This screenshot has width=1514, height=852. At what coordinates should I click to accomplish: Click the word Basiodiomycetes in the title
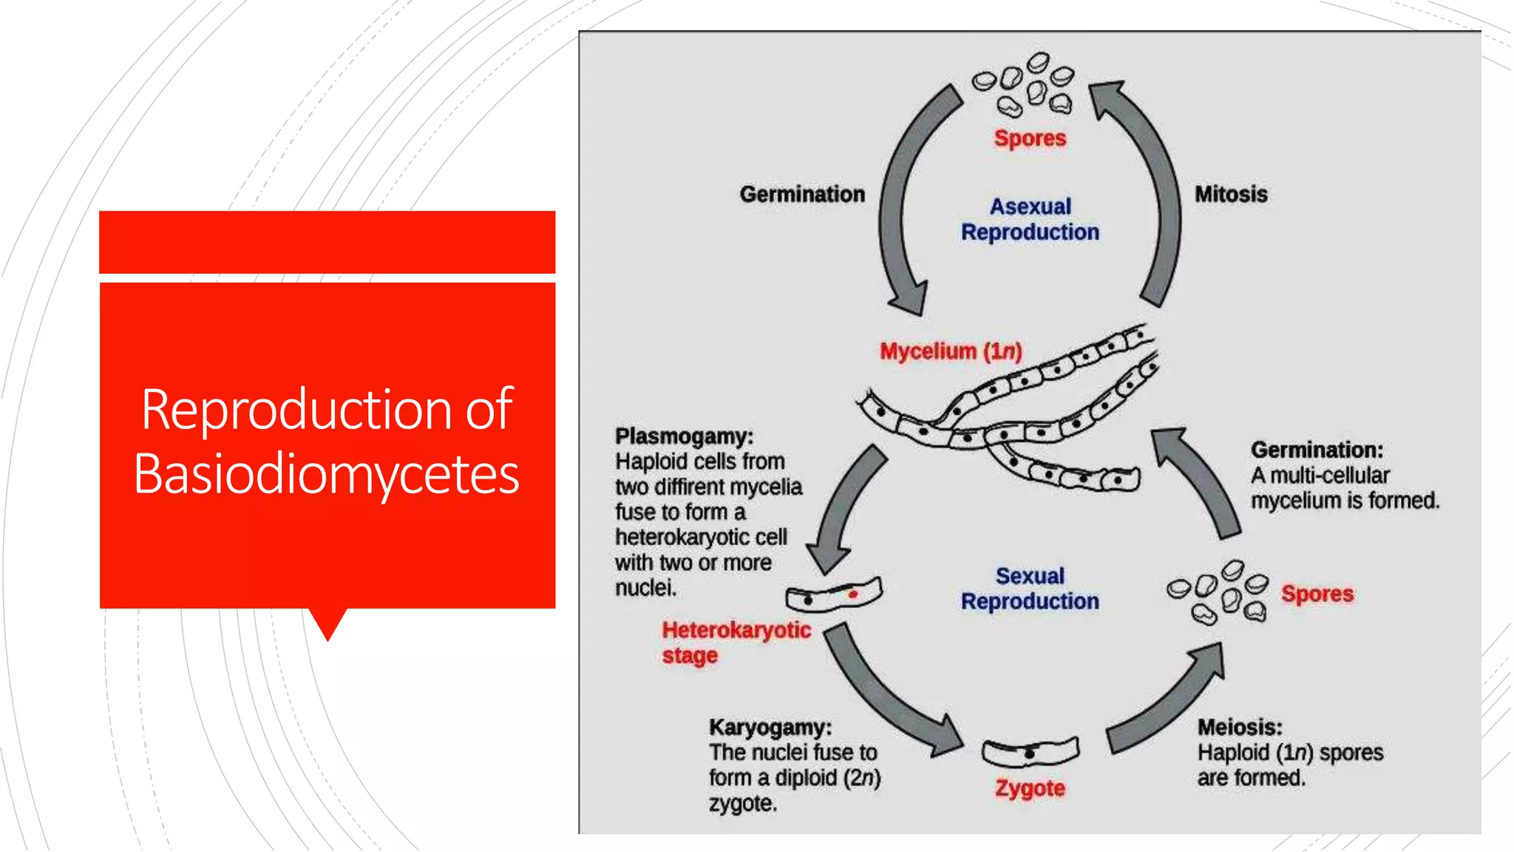pos(326,474)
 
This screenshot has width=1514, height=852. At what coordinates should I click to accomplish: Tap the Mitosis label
pos(1231,195)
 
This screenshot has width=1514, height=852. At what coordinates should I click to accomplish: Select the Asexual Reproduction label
pos(1030,220)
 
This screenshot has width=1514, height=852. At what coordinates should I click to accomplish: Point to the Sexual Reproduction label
pos(1030,589)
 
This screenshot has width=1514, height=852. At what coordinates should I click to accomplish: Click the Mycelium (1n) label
pos(951,351)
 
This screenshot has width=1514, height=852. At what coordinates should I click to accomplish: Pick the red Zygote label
pos(1030,788)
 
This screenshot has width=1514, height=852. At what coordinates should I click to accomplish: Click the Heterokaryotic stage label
pos(736,643)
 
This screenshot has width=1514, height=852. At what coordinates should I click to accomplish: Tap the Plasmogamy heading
pos(684,436)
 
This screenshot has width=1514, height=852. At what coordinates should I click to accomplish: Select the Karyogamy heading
pos(770,727)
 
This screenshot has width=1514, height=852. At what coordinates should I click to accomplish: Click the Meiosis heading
pos(1240,727)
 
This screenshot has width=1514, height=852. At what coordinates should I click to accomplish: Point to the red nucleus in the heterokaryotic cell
pos(852,594)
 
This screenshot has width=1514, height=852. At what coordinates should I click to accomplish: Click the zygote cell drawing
pos(1030,753)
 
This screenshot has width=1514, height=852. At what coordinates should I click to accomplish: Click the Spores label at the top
pos(1030,138)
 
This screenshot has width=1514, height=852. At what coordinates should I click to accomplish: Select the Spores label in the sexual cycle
pos(1317,594)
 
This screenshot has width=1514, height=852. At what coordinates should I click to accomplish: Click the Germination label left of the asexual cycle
pos(802,195)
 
